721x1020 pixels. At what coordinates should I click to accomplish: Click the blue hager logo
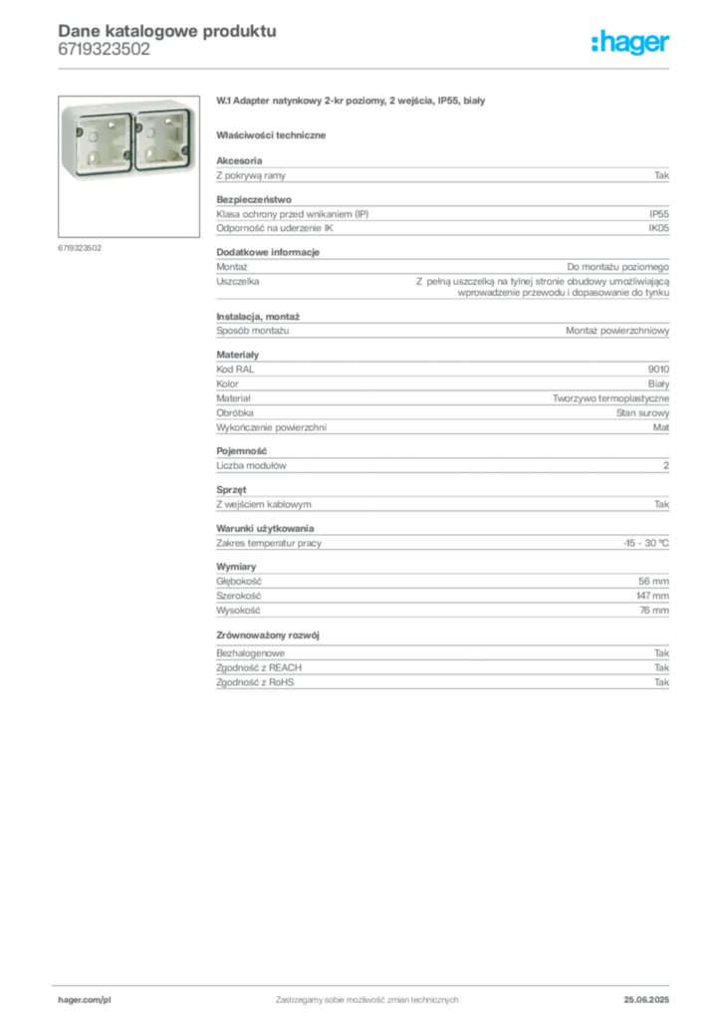pos(632,43)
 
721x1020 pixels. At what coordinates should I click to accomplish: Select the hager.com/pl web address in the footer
pos(85,997)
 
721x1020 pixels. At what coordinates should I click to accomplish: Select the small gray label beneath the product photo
pos(79,246)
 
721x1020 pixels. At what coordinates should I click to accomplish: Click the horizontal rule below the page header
pos(366,67)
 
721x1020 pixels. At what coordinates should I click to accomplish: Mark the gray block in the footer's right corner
pos(654,994)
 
